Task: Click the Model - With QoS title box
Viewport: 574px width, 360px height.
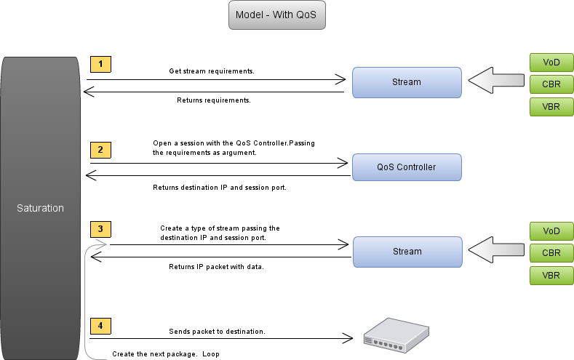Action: coord(276,15)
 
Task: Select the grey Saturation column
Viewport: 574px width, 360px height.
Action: coord(40,145)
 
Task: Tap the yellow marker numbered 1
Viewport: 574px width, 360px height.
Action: coord(100,64)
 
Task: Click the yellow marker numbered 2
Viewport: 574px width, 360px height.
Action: coord(100,150)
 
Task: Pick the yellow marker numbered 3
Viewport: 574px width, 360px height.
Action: coord(100,229)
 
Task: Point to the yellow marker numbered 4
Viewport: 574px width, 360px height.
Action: coord(100,325)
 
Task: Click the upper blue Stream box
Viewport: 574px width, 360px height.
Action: coord(407,82)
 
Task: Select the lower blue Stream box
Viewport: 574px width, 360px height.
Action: coord(407,252)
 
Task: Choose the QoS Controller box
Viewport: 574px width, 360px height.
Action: coord(407,167)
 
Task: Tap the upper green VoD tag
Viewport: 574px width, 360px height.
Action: coord(551,61)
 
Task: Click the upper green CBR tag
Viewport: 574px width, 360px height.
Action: coord(551,84)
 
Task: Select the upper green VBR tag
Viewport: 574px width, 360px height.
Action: coord(551,107)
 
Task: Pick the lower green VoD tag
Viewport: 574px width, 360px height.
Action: coord(551,231)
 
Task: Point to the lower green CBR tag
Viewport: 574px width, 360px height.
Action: coord(551,253)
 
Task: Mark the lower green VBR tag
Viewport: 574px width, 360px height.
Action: coord(551,276)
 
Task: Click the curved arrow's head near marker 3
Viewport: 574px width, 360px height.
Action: coord(102,245)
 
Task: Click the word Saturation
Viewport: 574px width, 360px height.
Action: coord(40,208)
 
